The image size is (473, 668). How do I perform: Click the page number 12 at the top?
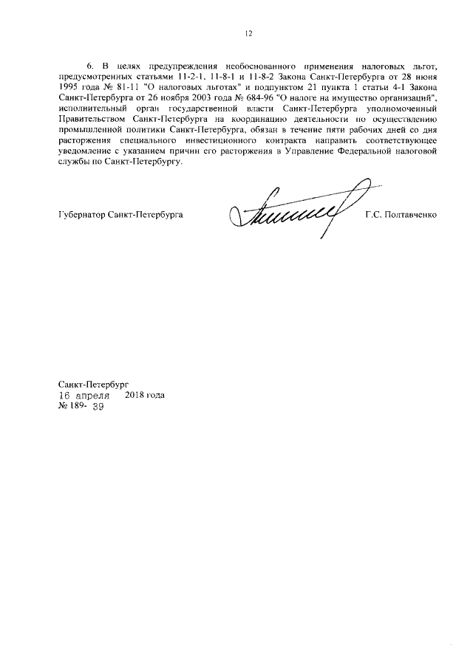[249, 32]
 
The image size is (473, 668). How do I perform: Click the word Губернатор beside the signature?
[81, 216]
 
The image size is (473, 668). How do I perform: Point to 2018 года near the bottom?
[145, 396]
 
